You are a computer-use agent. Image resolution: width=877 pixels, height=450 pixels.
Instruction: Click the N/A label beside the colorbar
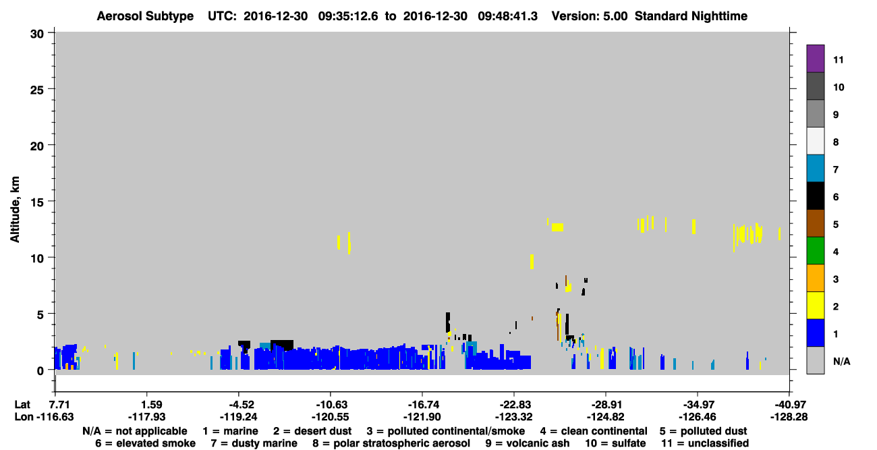tap(841, 362)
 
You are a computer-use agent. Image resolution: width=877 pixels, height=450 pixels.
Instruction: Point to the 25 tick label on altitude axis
tap(37, 90)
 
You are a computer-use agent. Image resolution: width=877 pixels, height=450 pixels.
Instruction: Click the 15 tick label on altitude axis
tap(37, 202)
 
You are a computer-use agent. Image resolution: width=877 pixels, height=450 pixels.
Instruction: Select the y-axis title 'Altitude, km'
tap(14, 210)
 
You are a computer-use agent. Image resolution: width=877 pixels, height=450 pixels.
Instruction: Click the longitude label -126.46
tap(698, 417)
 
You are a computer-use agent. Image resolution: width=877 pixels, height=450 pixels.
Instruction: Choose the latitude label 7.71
tap(62, 405)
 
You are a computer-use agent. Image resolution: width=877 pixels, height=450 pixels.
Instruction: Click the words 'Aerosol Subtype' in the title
tap(145, 16)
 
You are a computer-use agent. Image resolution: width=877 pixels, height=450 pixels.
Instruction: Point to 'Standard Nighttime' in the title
tap(691, 16)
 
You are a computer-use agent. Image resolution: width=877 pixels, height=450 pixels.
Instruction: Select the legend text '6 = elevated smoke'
tap(145, 443)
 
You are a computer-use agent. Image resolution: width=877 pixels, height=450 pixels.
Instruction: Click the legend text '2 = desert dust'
tap(312, 431)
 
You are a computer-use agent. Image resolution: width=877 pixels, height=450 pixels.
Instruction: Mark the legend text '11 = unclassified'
tap(705, 443)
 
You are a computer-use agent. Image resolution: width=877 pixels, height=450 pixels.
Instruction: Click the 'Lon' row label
tap(24, 417)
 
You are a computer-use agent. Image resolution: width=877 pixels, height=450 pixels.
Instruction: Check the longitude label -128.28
tap(789, 417)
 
